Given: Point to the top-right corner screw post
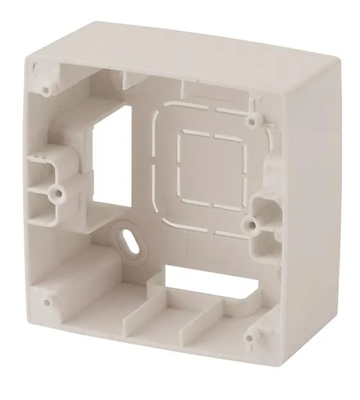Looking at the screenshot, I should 254,118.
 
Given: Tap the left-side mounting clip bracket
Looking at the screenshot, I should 45,177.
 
